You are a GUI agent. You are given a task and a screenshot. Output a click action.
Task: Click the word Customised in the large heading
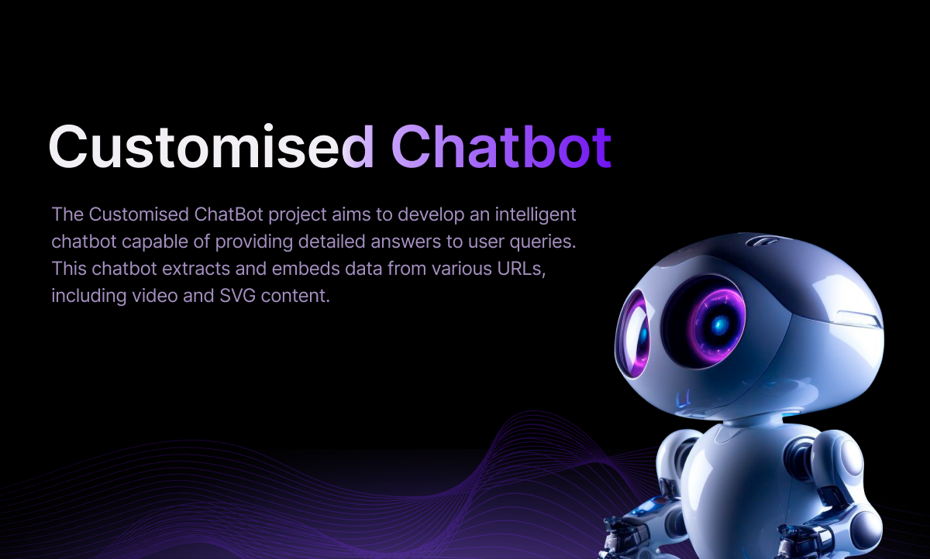(212, 146)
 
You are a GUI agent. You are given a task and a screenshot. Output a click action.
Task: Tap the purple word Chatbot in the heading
(501, 146)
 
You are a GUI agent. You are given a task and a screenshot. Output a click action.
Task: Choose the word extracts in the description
(196, 269)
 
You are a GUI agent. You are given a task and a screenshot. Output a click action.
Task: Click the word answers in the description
(405, 242)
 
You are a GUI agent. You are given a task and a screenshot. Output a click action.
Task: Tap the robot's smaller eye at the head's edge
(635, 334)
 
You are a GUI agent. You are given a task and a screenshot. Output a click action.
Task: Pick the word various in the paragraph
(462, 269)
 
